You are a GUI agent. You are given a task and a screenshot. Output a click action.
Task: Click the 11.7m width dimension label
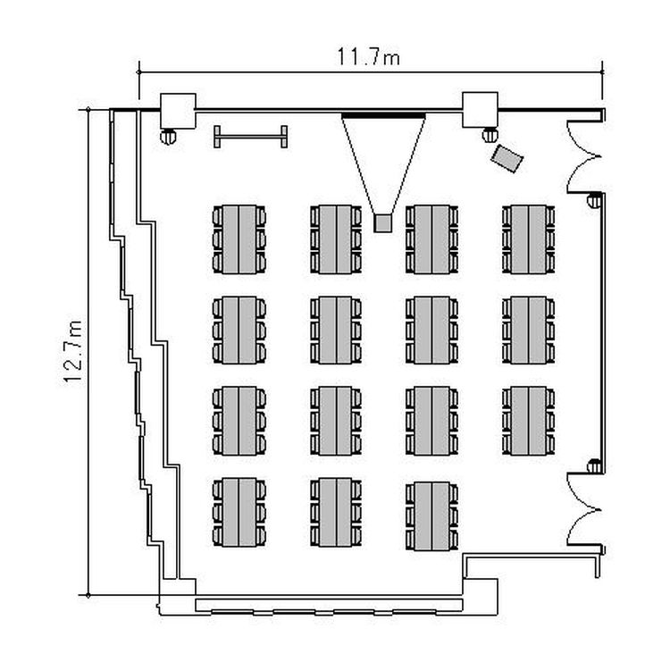click(368, 59)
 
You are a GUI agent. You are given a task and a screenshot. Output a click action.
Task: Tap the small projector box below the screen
click(383, 222)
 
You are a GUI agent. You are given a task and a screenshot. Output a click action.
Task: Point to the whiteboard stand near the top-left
click(250, 137)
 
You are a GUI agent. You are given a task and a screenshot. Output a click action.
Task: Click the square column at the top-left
click(176, 110)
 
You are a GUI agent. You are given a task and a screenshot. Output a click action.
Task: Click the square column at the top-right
click(480, 110)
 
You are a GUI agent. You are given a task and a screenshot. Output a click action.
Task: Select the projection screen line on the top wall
click(383, 115)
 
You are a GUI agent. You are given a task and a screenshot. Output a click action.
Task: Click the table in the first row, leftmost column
click(239, 239)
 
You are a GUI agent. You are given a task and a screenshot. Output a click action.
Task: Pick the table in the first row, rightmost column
click(528, 239)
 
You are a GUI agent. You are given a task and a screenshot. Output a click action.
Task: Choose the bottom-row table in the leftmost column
click(239, 512)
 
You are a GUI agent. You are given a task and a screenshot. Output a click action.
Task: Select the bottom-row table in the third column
click(431, 515)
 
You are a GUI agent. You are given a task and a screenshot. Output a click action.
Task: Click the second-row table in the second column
click(336, 330)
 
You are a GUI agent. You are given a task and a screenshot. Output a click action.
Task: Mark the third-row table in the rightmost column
click(528, 419)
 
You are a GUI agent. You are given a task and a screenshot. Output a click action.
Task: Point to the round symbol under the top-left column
click(168, 136)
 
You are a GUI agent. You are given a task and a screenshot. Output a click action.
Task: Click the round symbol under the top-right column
click(489, 136)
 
